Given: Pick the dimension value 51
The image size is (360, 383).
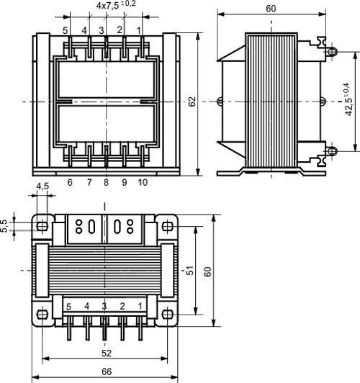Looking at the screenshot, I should (189, 271).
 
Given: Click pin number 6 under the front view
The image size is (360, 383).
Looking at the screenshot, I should (70, 184).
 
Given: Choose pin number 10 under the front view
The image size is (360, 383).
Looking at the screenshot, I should (142, 184).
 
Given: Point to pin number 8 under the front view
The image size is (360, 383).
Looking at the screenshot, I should (106, 184).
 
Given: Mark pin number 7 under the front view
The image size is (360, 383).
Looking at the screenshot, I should (89, 184).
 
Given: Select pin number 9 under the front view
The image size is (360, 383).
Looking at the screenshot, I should (124, 184).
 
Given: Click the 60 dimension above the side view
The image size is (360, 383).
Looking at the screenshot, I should (271, 9).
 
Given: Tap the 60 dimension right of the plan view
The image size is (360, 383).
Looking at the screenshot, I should (207, 271).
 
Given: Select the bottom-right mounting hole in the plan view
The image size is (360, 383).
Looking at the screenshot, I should (168, 314).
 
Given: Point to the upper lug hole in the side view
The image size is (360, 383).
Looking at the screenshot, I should (332, 52).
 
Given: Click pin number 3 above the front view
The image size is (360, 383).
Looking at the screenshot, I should (102, 30).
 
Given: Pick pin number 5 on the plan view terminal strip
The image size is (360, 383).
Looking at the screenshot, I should (68, 307).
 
